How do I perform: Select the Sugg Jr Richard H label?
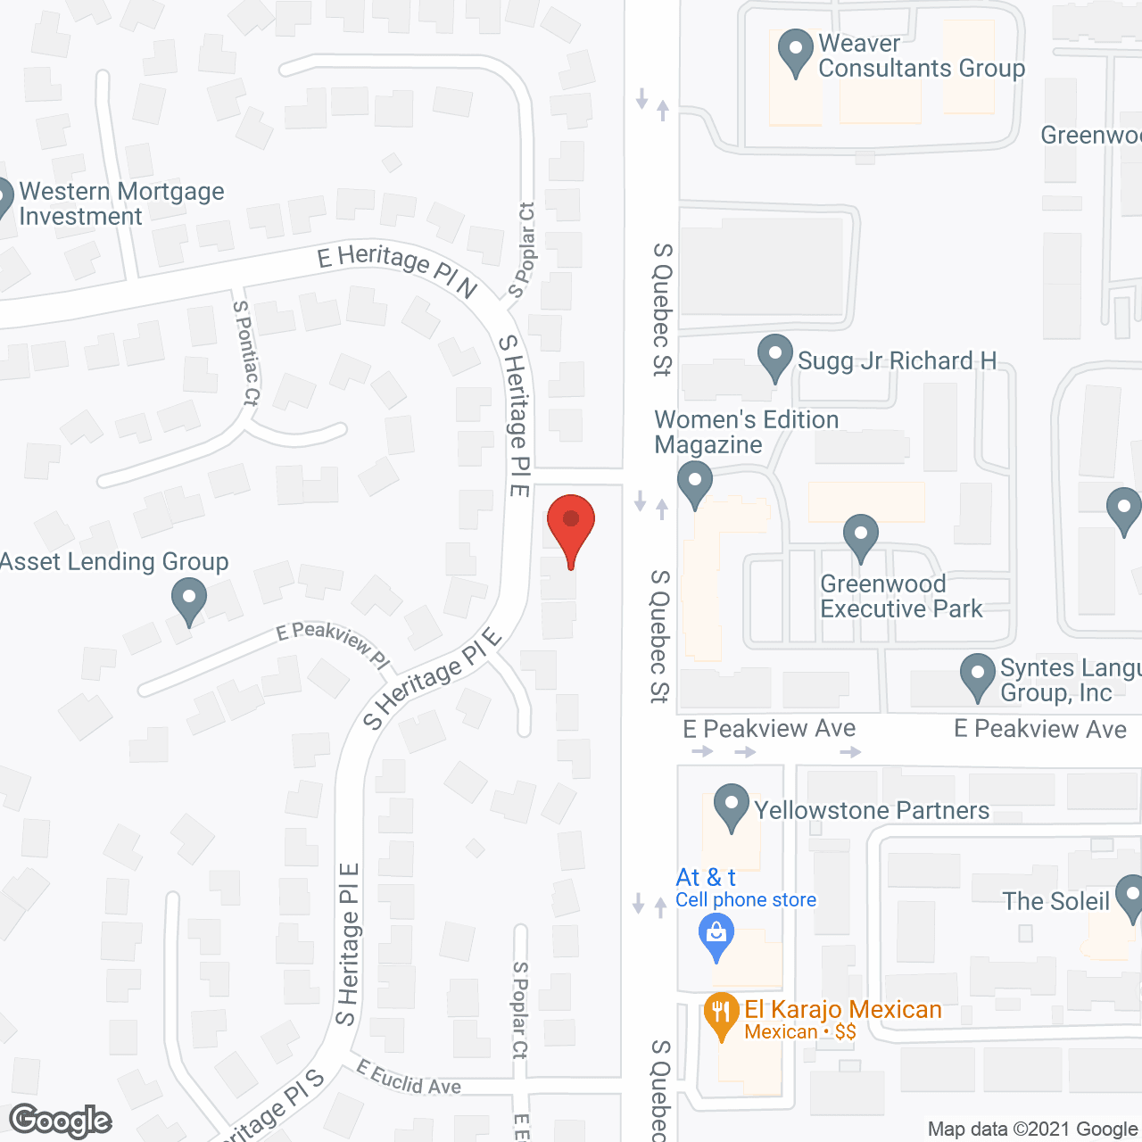click(x=897, y=360)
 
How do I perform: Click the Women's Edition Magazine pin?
click(x=695, y=483)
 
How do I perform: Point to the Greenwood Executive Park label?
click(x=901, y=597)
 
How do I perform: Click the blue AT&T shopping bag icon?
click(x=716, y=934)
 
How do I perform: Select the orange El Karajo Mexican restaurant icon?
click(x=720, y=1014)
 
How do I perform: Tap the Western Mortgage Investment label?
click(x=121, y=203)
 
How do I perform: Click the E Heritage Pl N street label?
click(x=398, y=269)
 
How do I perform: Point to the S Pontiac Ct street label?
click(x=246, y=352)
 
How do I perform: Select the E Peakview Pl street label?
click(x=333, y=644)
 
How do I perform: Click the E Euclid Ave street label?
click(x=409, y=1078)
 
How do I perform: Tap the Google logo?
click(x=61, y=1121)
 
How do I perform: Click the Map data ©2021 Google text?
click(x=1033, y=1129)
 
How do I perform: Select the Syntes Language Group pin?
click(x=978, y=674)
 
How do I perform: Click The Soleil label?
click(x=1055, y=901)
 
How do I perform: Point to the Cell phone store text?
click(x=746, y=900)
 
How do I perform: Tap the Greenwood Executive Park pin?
click(x=861, y=536)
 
